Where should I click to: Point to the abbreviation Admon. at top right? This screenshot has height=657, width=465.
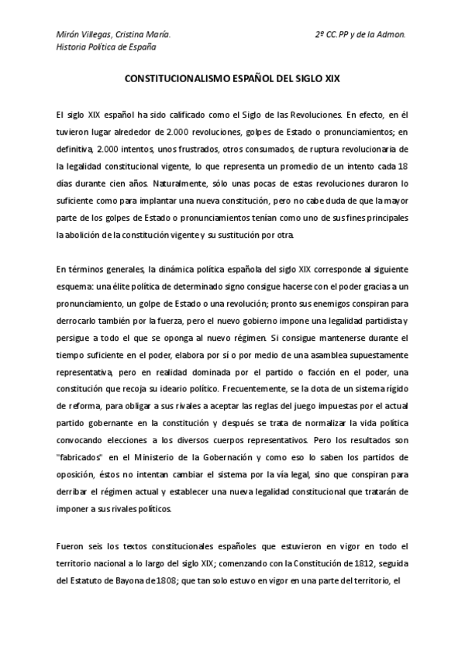point(389,34)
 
